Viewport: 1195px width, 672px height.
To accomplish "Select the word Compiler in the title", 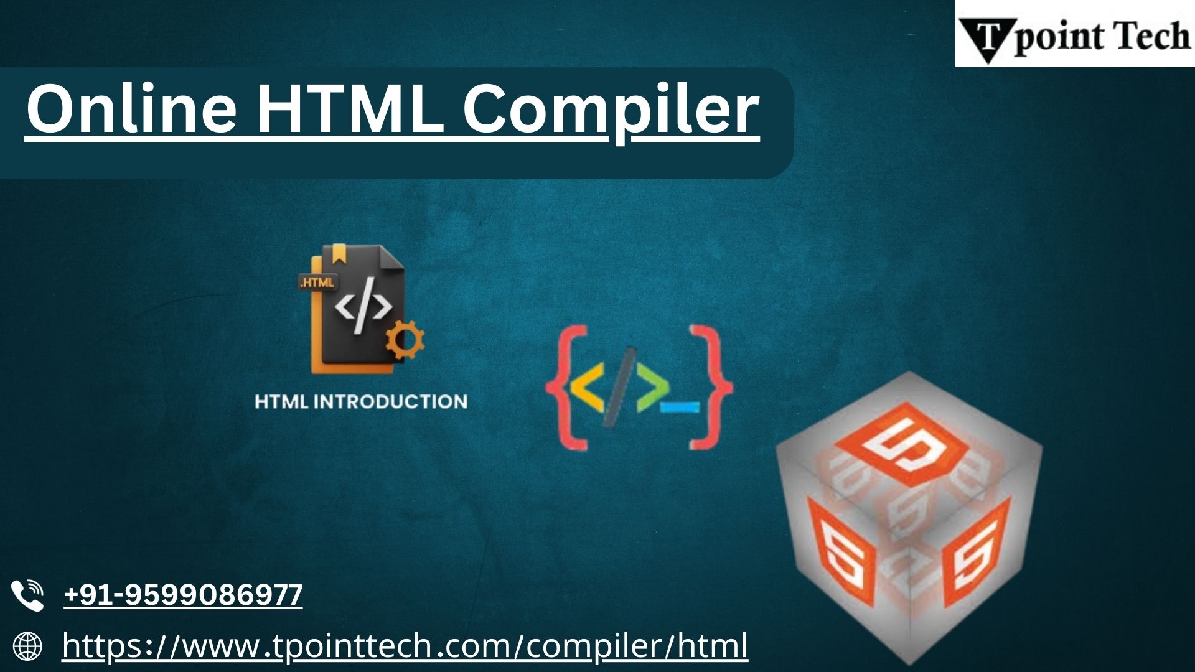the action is [611, 112].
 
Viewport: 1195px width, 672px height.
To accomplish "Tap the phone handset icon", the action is [27, 595].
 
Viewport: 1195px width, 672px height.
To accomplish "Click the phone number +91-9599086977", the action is [183, 594].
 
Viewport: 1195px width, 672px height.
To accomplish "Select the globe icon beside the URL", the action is [27, 646].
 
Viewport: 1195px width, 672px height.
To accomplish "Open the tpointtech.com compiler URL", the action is [405, 645].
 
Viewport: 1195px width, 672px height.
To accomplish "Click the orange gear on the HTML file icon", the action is [405, 340].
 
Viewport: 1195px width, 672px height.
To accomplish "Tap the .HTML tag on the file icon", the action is [317, 282].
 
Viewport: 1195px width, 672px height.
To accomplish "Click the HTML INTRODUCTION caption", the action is [361, 401].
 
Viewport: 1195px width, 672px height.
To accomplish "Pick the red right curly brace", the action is [711, 386].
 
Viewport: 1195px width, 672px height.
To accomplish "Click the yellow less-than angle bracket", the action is [587, 387].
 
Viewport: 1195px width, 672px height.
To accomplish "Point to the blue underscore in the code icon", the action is [680, 407].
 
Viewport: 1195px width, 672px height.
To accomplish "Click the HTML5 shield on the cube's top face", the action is [899, 444].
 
